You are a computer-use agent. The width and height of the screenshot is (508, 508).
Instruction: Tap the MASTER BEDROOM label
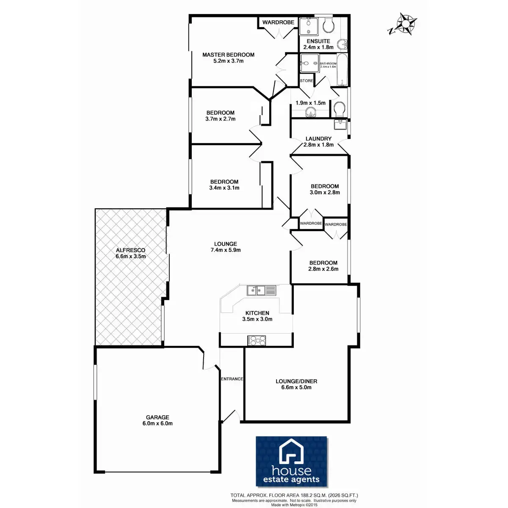click(x=228, y=55)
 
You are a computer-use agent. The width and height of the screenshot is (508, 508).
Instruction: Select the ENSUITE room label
click(x=318, y=41)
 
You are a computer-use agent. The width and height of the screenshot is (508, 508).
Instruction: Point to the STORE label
click(x=306, y=80)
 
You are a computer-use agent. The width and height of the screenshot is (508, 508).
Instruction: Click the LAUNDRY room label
click(x=318, y=138)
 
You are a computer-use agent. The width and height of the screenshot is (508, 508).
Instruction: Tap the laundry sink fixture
click(x=340, y=124)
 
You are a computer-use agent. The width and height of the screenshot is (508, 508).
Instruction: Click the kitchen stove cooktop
click(x=257, y=340)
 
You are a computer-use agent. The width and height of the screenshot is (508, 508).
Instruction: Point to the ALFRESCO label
click(x=130, y=250)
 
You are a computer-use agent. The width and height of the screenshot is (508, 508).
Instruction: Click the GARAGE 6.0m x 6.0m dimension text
click(x=157, y=423)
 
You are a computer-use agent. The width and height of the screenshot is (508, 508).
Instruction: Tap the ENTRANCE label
click(x=232, y=379)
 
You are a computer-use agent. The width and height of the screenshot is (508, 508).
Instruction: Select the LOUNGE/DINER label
click(x=296, y=381)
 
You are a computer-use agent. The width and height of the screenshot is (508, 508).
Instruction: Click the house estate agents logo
click(x=292, y=461)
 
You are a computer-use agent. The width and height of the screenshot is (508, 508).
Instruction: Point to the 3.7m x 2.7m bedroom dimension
click(x=220, y=119)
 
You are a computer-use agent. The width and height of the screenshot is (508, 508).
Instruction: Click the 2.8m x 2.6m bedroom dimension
click(x=323, y=269)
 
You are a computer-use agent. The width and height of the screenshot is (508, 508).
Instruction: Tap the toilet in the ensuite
click(x=328, y=25)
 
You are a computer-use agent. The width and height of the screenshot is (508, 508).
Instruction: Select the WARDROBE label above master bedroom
click(x=278, y=22)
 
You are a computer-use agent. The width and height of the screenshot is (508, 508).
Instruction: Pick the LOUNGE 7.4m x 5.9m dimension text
click(x=226, y=250)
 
